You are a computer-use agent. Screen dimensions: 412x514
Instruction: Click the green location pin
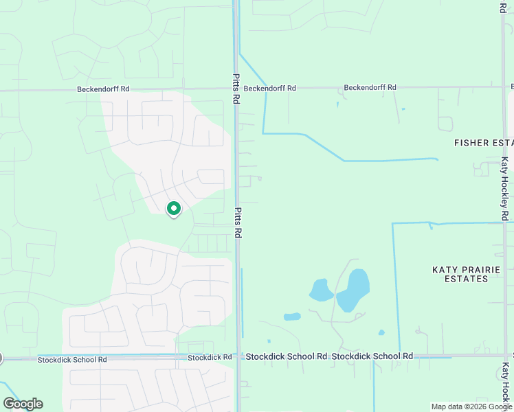pos(174,208)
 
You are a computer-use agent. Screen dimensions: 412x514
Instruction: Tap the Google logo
pos(23,404)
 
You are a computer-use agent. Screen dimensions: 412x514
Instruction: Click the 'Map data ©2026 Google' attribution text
pos(471,407)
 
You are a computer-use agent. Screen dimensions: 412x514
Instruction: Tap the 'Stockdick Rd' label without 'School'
pos(210,357)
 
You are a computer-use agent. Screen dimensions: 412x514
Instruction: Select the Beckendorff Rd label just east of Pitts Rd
pos(269,88)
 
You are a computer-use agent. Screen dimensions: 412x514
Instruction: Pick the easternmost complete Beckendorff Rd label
pos(370,87)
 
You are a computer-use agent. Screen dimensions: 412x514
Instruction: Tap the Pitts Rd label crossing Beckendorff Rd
pos(236,89)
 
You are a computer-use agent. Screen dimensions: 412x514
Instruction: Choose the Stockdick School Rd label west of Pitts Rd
pos(73,359)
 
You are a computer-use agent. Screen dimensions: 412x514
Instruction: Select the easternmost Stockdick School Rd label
pos(372,356)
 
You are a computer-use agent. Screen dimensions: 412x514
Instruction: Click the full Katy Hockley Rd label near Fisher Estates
pos(504,189)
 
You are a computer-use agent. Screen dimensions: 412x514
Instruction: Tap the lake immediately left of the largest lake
pos(320,290)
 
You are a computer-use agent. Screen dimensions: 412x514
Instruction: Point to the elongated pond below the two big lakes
pos(292,317)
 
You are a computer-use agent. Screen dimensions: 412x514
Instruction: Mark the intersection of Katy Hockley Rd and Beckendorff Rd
pos(504,87)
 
